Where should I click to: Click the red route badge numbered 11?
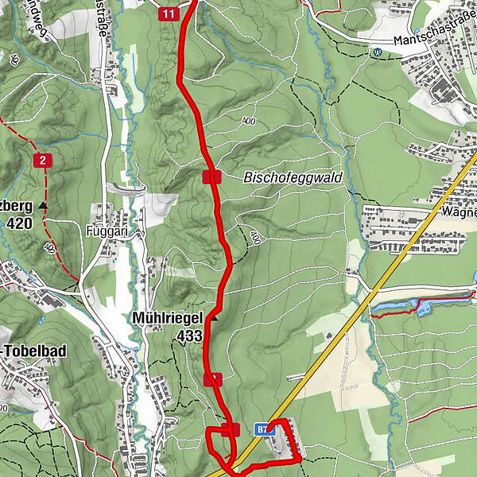pyautogui.click(x=168, y=14)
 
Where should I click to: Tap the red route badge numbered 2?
pyautogui.click(x=43, y=161)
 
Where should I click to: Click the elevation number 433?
pyautogui.click(x=191, y=335)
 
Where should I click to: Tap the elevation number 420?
pyautogui.click(x=19, y=223)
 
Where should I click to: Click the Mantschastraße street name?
pyautogui.click(x=434, y=39)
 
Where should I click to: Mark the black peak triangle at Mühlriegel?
pyautogui.click(x=214, y=318)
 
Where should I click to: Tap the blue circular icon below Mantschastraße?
pyautogui.click(x=377, y=52)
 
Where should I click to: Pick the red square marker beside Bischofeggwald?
pyautogui.click(x=211, y=176)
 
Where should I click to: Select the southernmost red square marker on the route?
pyautogui.click(x=231, y=430)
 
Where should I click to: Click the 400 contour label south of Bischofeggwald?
pyautogui.click(x=254, y=237)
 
